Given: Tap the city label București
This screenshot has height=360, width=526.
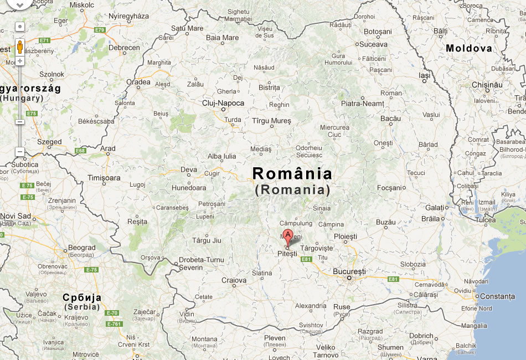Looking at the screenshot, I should pos(349,272).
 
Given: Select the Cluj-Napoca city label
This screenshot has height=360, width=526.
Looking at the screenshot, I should pos(223,103).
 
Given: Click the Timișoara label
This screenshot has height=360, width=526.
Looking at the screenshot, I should pos(104,178).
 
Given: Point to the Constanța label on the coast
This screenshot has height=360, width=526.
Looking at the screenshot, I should pos(497,296).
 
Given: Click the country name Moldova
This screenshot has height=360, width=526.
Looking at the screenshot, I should pos(469,48).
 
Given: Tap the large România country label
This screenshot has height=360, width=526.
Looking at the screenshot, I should pos(292,174).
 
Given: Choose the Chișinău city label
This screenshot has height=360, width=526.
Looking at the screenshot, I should pos(487,85).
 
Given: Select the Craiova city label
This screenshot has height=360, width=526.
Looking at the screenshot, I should pos(234,280).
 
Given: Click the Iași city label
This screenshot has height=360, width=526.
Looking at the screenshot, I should pos(425,75).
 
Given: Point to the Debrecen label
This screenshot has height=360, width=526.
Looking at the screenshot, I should pos(124,48).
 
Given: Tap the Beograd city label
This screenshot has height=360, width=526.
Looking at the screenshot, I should pos(81,248).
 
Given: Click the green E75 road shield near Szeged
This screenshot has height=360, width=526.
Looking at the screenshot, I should pos(31,114).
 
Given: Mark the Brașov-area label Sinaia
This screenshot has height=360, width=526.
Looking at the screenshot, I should pos(322,208).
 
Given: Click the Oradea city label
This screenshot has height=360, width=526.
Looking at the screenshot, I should pos(138,82).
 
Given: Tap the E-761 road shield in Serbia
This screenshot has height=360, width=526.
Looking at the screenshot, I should pos(114,324).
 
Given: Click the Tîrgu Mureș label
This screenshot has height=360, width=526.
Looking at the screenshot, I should pos(271,120).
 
